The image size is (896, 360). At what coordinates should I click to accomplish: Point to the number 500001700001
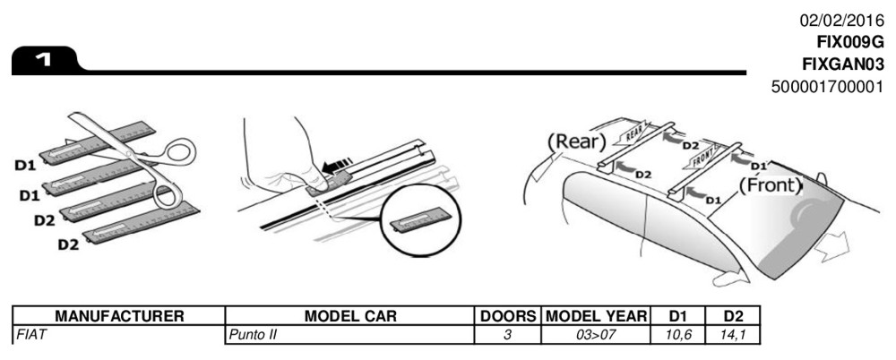[826, 86]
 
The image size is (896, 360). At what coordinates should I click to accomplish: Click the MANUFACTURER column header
[119, 316]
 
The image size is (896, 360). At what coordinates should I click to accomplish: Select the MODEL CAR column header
[350, 316]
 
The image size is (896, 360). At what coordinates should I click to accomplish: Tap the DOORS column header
[508, 316]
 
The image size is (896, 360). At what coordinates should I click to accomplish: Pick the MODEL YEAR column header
[596, 316]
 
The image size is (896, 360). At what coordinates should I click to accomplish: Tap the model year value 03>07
[596, 332]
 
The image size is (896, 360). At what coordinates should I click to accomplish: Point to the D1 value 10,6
[676, 332]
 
